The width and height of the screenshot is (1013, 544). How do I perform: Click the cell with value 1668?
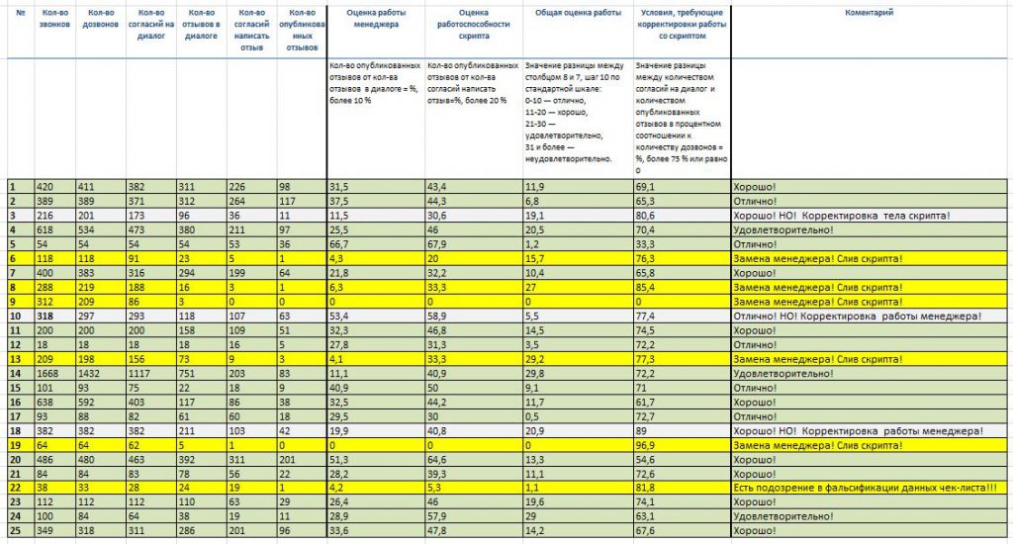coord(49,374)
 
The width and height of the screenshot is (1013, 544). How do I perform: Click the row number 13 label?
coord(16,359)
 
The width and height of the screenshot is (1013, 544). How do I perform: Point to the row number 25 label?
coord(16,531)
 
